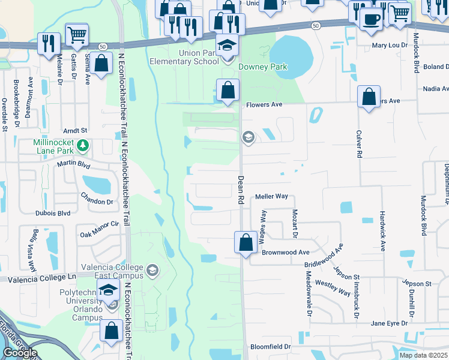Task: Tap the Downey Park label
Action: (263, 67)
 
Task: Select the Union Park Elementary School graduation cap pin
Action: (227, 46)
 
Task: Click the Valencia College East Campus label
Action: (110, 271)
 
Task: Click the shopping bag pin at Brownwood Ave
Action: (246, 243)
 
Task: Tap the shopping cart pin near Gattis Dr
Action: (76, 35)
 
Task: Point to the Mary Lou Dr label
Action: (390, 46)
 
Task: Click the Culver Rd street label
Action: (358, 146)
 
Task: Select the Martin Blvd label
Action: (73, 164)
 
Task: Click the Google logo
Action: (19, 353)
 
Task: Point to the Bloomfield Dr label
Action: (270, 347)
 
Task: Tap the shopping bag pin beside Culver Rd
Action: (369, 97)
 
